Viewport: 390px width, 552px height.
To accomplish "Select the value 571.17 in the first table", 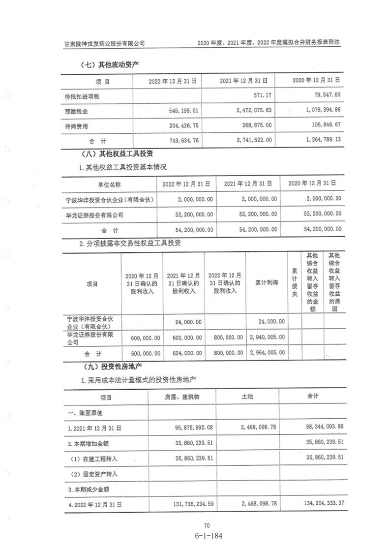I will (x=260, y=95).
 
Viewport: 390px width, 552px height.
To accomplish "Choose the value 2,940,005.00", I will (x=268, y=337).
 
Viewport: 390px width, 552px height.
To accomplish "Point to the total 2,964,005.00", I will (x=268, y=353).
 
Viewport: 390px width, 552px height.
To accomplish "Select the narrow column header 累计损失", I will (x=294, y=282).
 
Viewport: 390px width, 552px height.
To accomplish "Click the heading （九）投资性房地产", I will (x=107, y=366).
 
